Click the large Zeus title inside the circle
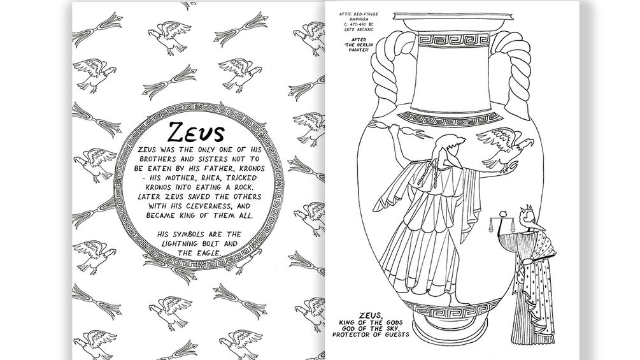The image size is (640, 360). click(x=196, y=133)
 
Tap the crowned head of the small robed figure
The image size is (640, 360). click(x=526, y=217)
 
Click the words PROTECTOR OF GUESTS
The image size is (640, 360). click(x=371, y=335)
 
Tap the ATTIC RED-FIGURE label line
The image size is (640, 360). click(x=359, y=14)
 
